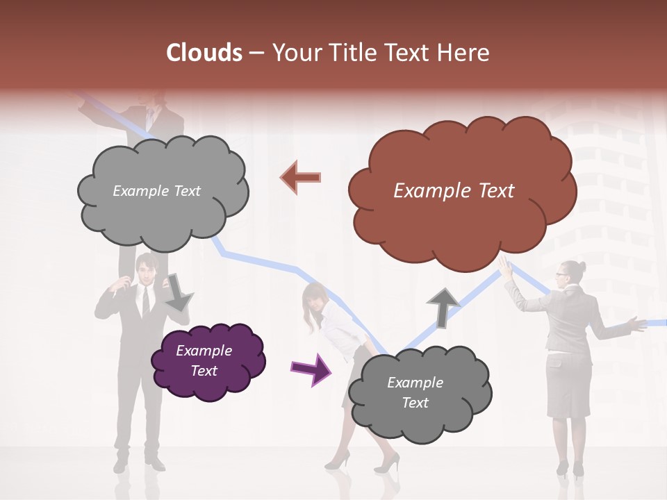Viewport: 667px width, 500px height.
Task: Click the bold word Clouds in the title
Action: click(204, 53)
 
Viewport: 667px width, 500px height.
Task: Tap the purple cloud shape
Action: click(207, 360)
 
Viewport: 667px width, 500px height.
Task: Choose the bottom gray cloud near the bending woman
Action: click(417, 393)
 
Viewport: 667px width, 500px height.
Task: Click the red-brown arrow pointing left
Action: click(301, 177)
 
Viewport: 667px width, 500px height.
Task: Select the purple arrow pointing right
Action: click(311, 369)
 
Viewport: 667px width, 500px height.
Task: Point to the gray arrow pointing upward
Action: click(443, 306)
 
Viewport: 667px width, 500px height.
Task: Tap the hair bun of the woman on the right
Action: click(581, 267)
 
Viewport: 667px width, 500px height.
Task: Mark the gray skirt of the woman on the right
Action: click(568, 385)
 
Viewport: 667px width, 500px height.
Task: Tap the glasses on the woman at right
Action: click(560, 275)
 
